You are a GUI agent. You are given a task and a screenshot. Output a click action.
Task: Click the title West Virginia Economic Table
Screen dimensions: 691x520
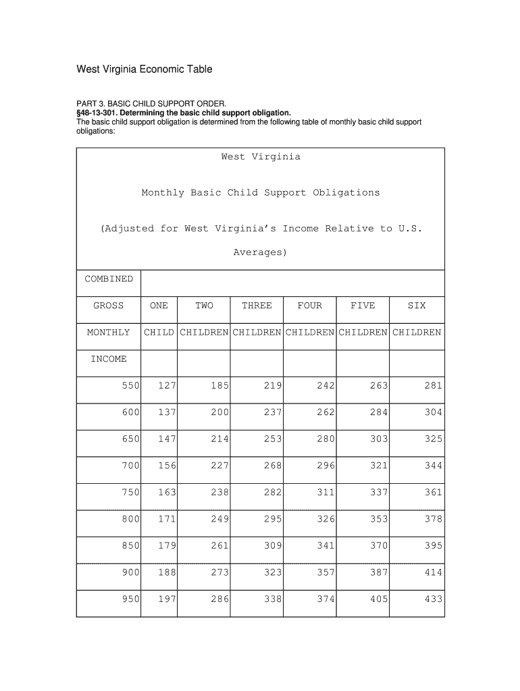click(x=144, y=70)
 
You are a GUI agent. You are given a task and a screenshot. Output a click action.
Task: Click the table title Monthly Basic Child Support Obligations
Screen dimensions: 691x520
click(x=260, y=193)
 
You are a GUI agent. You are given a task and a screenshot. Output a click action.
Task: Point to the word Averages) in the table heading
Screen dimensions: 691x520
click(x=260, y=253)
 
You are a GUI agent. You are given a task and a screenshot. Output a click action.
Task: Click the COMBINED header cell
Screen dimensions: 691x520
click(x=109, y=279)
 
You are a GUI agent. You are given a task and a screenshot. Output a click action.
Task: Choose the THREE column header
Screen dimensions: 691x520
click(x=257, y=306)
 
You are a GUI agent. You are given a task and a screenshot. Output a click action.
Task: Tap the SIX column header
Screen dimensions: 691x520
click(x=417, y=306)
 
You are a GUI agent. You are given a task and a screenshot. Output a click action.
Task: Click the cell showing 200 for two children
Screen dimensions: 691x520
click(x=219, y=412)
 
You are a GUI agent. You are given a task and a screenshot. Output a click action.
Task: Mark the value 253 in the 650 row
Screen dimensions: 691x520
click(x=273, y=439)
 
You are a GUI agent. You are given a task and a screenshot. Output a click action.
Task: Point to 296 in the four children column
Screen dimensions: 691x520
click(x=326, y=466)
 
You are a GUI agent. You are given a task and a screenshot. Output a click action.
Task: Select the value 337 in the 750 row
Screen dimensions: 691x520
click(x=378, y=493)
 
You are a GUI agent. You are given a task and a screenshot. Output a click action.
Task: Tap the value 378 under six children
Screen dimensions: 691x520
click(x=434, y=520)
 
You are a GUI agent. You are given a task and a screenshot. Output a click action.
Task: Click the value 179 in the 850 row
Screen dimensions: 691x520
click(x=167, y=546)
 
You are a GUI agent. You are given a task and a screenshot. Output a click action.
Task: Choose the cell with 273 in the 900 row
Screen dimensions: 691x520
click(x=219, y=573)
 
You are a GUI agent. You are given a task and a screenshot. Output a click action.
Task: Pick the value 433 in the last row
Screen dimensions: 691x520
click(x=434, y=599)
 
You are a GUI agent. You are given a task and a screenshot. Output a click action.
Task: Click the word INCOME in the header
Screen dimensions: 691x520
click(x=109, y=359)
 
